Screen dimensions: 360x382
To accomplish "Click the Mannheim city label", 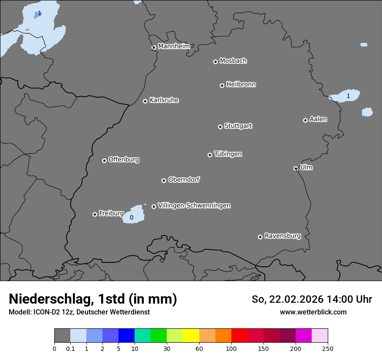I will click(174, 46).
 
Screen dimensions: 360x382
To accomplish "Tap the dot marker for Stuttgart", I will click(220, 127).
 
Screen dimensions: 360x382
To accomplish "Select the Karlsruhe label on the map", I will click(164, 100).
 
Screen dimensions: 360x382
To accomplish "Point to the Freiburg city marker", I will click(95, 214).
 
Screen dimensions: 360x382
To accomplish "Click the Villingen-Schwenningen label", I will click(194, 206).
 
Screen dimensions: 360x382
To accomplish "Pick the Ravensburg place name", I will click(283, 236).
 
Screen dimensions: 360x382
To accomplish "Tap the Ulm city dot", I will click(296, 168).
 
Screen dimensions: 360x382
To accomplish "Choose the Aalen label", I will click(318, 119).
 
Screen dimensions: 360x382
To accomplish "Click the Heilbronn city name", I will click(241, 85).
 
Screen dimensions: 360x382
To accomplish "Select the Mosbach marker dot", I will click(215, 62).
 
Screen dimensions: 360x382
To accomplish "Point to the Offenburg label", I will click(124, 160).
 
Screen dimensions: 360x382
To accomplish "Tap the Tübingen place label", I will click(228, 154).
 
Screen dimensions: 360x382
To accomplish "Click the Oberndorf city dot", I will click(164, 180).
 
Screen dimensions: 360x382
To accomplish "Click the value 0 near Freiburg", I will click(132, 217).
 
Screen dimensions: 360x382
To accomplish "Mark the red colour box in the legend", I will click(239, 336).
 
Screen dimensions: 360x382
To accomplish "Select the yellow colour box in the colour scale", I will click(191, 336).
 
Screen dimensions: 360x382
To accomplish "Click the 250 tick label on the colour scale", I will click(328, 348).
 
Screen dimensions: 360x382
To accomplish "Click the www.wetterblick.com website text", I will click(313, 312).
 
